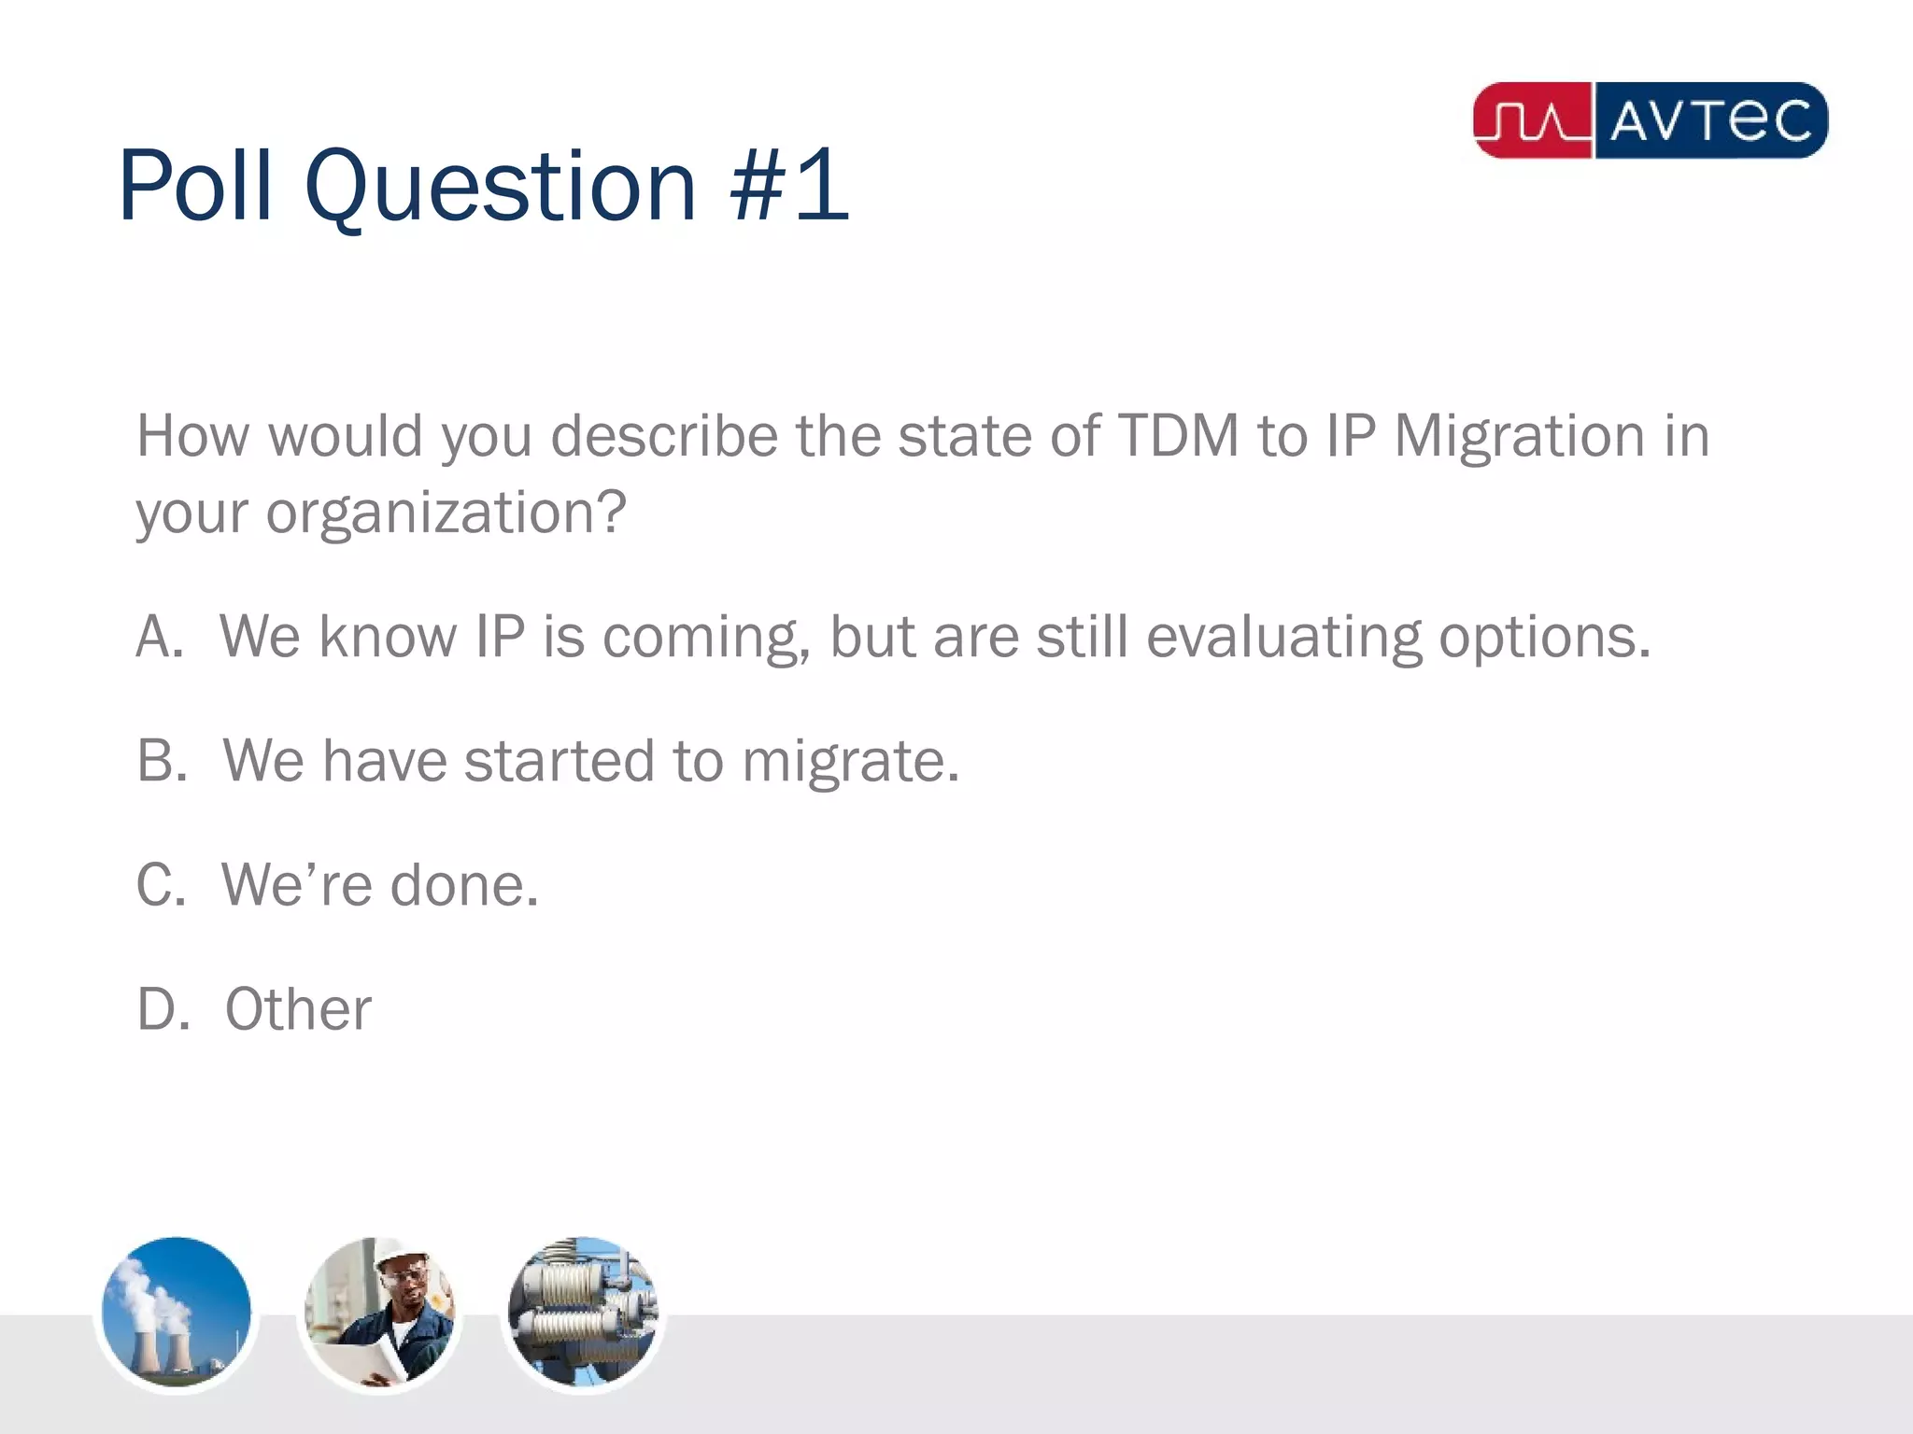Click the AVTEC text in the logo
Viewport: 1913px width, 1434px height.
[1710, 120]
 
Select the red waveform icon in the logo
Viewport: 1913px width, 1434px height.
[1532, 120]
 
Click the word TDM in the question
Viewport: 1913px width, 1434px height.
[1178, 436]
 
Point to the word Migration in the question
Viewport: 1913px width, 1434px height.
[1519, 436]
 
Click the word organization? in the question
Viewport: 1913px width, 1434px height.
[446, 513]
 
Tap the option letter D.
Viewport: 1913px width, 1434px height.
[161, 1008]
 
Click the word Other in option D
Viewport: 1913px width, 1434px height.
[298, 1008]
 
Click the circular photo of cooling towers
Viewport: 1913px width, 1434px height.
[176, 1312]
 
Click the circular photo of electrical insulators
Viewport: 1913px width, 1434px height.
[582, 1312]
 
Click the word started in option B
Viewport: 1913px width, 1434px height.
[559, 760]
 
